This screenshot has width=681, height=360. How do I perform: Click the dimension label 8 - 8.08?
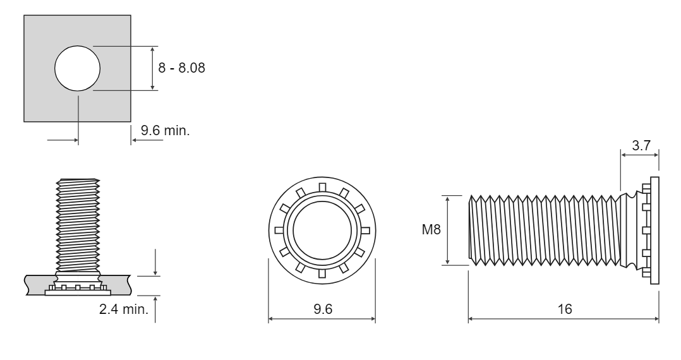[181, 68]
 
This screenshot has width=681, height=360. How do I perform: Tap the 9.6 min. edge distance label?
[166, 130]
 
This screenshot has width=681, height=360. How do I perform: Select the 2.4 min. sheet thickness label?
[124, 309]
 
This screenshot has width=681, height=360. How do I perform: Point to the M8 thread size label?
[431, 229]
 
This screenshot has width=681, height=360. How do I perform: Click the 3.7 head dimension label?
[641, 145]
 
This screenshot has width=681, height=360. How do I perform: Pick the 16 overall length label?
[565, 309]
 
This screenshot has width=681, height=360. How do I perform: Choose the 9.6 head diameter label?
[323, 309]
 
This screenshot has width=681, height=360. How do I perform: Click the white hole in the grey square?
[77, 68]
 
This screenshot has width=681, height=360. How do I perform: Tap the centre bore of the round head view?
[322, 231]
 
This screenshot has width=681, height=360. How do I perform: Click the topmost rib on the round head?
[322, 187]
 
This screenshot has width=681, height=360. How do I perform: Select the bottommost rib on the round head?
[322, 273]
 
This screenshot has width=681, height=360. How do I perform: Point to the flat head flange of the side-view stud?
[654, 230]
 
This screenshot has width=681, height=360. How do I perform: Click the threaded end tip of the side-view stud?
[471, 230]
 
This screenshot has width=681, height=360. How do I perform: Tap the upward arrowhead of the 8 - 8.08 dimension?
[152, 49]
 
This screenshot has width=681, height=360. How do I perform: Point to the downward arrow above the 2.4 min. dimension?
[155, 262]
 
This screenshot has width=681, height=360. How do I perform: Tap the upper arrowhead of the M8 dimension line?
[447, 199]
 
